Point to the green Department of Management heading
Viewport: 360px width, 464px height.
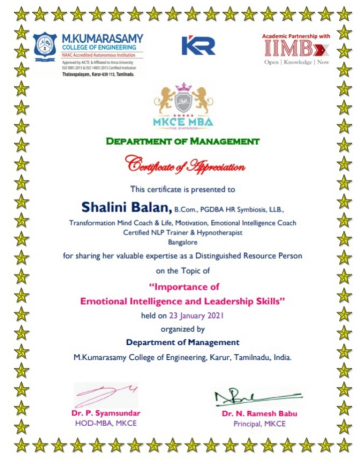point(183,142)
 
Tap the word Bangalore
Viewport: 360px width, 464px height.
point(183,242)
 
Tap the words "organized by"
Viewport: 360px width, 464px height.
point(183,329)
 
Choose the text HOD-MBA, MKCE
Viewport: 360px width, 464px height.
point(105,423)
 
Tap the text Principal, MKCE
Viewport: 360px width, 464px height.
point(259,424)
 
